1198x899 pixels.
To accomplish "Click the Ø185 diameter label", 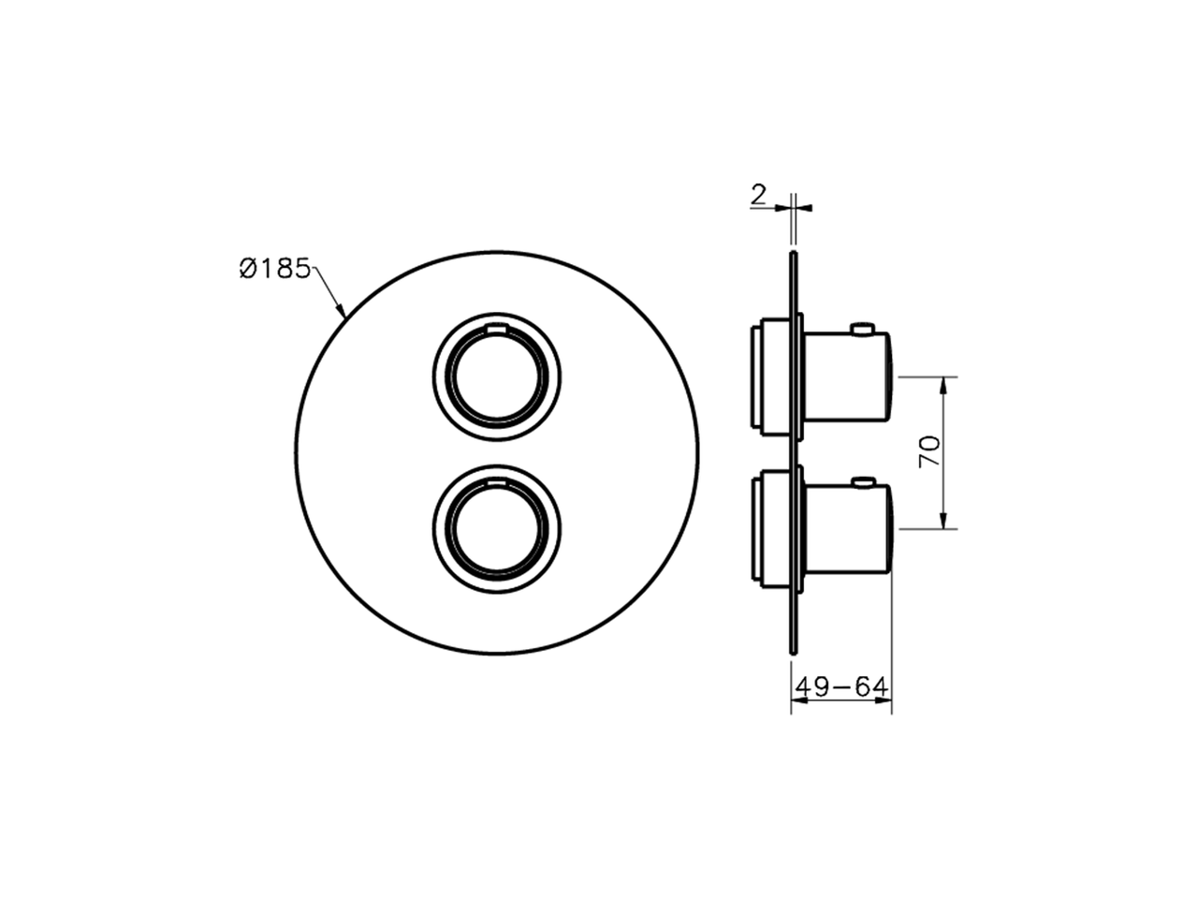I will click(x=273, y=269).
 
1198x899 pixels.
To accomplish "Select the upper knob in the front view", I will click(x=497, y=375).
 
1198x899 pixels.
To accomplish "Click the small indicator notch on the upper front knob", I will click(x=497, y=329).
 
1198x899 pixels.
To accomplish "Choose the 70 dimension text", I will click(x=929, y=453).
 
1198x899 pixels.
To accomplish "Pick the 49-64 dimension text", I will click(x=840, y=687).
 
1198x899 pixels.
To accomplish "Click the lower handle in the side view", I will click(x=847, y=529).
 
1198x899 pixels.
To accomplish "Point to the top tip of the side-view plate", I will click(x=794, y=254).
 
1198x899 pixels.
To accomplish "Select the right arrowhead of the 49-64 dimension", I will click(x=885, y=700).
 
